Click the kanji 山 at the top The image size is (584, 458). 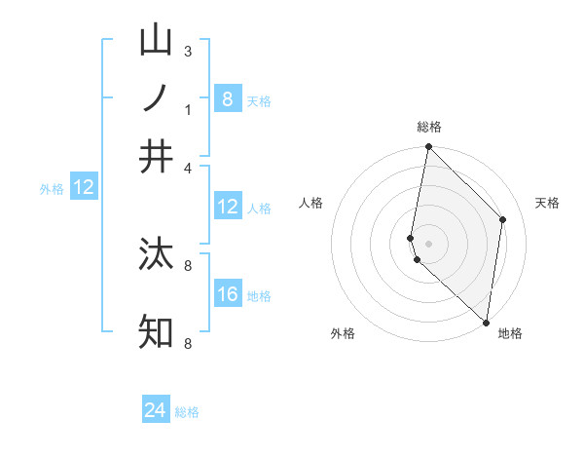point(156,42)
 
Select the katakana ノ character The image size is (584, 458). point(156,98)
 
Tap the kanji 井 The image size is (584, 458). point(156,156)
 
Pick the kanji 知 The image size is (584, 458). point(156,331)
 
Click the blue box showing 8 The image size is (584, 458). point(228,98)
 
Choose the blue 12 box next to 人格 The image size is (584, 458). point(228,207)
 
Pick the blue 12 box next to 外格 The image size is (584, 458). point(84,188)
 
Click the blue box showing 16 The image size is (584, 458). point(228,294)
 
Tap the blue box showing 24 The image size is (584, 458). point(156,410)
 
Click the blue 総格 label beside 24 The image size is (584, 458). point(187,412)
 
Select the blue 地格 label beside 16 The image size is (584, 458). point(259,296)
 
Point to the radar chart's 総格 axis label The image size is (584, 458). point(429,127)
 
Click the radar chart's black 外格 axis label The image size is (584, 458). point(343,333)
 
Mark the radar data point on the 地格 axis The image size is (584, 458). point(486,323)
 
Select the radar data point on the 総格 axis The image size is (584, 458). point(429,147)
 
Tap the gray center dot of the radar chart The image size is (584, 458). point(429,242)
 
